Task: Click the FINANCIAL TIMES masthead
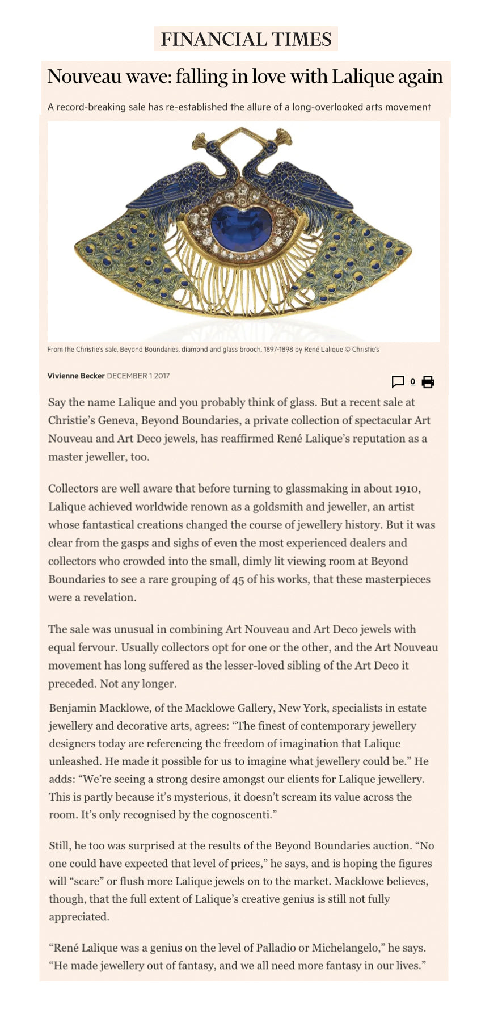pos(246,39)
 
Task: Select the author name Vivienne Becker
pos(76,376)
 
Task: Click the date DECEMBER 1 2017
pos(138,376)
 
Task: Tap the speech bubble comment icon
pos(398,382)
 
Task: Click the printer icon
pos(428,382)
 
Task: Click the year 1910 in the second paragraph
pos(407,489)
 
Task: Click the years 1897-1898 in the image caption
pos(278,350)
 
